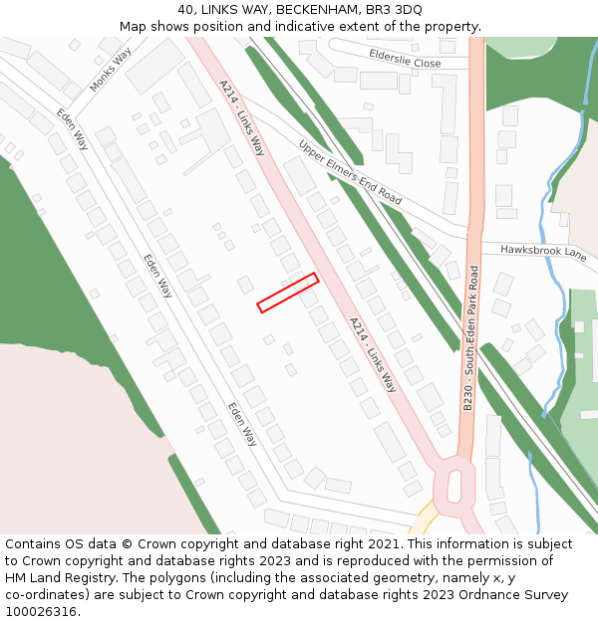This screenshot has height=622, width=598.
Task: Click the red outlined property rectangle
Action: (x=288, y=293)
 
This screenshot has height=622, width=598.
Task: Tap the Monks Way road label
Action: (x=111, y=71)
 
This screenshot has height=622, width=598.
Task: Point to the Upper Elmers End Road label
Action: (x=350, y=172)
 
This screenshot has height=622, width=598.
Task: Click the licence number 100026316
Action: (x=43, y=612)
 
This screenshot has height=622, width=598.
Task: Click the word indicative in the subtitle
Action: (x=303, y=27)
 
